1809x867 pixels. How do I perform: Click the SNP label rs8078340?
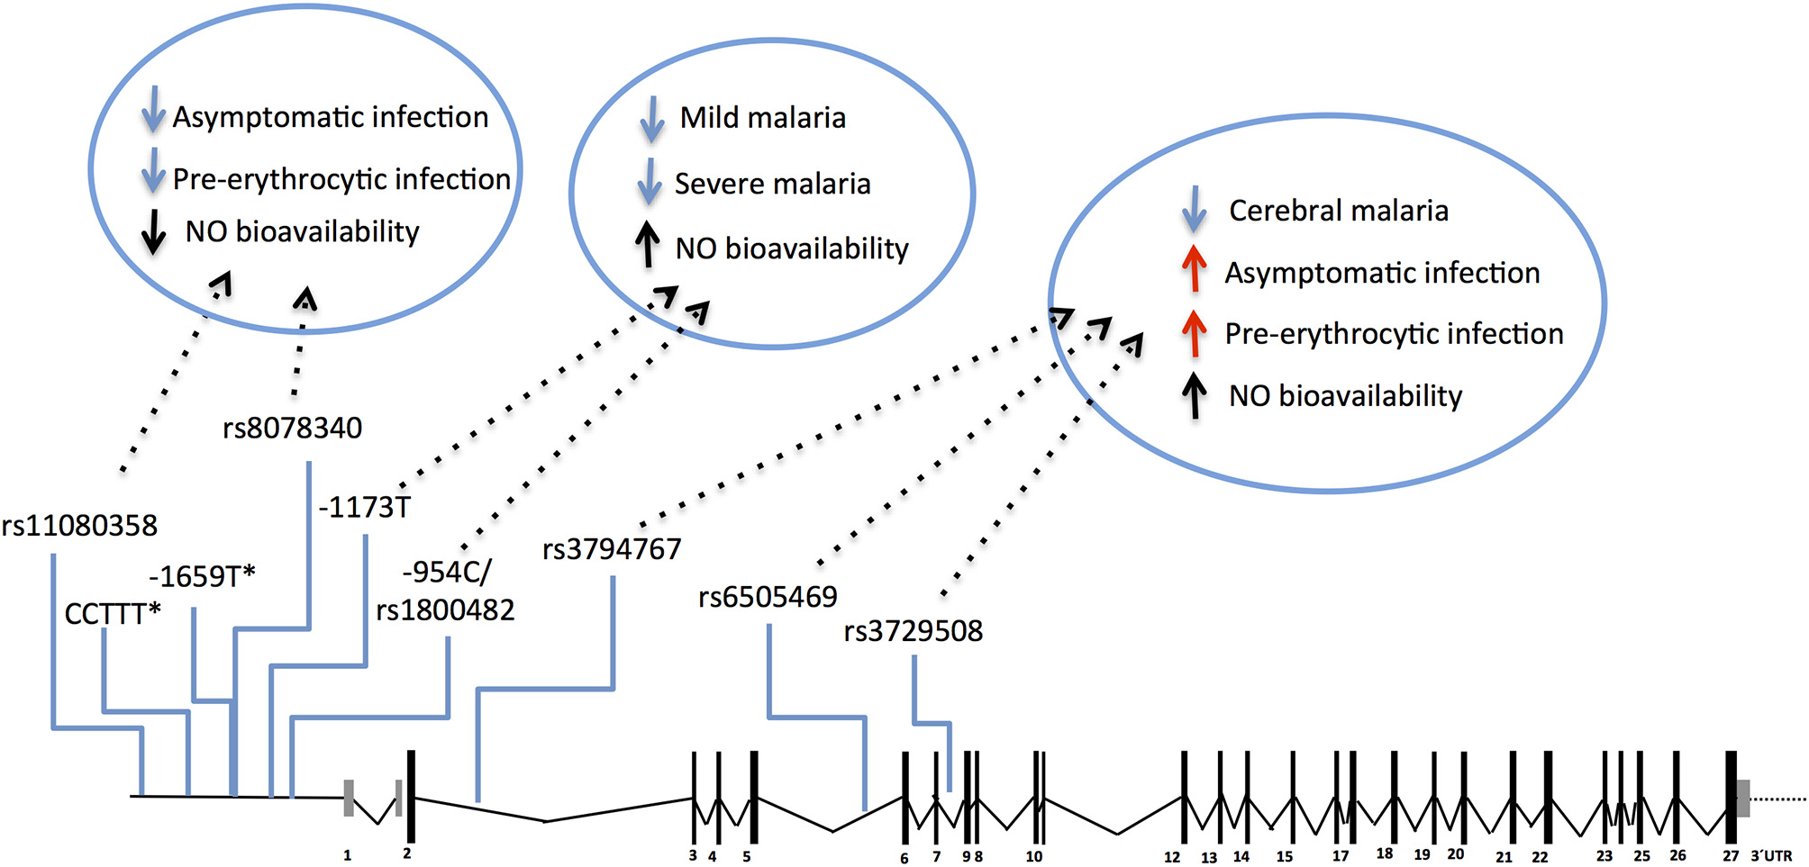pyautogui.click(x=292, y=428)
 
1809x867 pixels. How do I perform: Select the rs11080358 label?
pyautogui.click(x=79, y=525)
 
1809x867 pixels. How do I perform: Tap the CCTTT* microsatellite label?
pyautogui.click(x=113, y=614)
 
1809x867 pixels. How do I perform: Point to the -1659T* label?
pyautogui.click(x=202, y=576)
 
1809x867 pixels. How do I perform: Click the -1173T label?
pyautogui.click(x=364, y=508)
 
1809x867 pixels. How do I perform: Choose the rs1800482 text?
pyautogui.click(x=445, y=610)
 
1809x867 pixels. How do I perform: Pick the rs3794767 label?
pyautogui.click(x=612, y=549)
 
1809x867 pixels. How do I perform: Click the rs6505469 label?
pyautogui.click(x=768, y=597)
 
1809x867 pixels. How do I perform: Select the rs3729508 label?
pyautogui.click(x=913, y=631)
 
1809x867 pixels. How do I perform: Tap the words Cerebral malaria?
pyautogui.click(x=1338, y=211)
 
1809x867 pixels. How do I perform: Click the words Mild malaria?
pyautogui.click(x=762, y=118)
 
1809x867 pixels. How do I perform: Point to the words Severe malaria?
pyautogui.click(x=772, y=185)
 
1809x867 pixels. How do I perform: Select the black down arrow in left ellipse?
pyautogui.click(x=154, y=231)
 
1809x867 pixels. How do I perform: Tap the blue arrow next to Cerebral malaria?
pyautogui.click(x=1194, y=209)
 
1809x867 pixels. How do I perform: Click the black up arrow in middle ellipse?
pyautogui.click(x=647, y=246)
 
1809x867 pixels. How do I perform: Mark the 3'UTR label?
pyautogui.click(x=1770, y=855)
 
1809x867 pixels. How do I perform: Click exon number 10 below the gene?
pyautogui.click(x=1034, y=856)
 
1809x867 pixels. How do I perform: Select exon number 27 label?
pyautogui.click(x=1731, y=855)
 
